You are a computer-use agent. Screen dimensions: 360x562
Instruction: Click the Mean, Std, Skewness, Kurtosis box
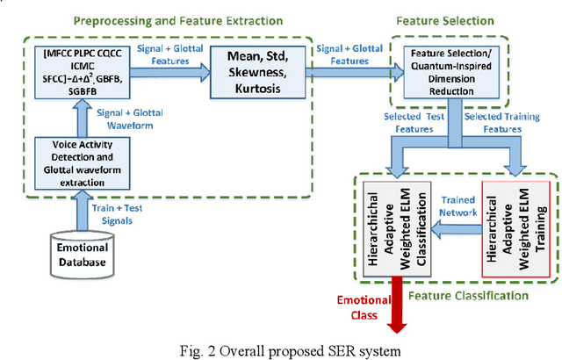[252, 78]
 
